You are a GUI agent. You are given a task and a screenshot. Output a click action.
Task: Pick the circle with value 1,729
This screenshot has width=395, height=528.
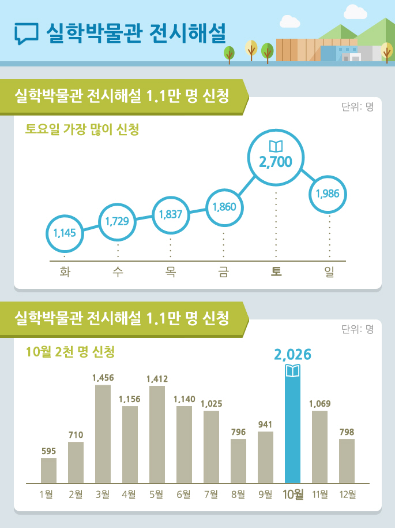(x=118, y=221)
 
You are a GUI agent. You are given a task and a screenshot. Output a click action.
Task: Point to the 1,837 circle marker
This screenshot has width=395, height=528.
(x=170, y=214)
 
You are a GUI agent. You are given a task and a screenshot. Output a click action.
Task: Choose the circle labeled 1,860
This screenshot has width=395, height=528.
(x=224, y=206)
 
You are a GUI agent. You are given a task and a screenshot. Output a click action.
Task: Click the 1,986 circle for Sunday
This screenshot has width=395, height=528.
(x=328, y=194)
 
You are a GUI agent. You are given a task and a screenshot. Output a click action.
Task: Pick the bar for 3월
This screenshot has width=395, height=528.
(x=103, y=433)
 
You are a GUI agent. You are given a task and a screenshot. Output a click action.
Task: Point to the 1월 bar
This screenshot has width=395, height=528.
(x=48, y=470)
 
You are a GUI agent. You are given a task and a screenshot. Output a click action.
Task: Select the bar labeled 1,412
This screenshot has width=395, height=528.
(x=157, y=434)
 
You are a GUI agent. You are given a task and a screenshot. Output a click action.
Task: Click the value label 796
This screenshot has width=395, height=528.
(x=238, y=431)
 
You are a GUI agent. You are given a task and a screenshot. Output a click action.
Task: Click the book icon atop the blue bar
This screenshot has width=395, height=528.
(x=293, y=370)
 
